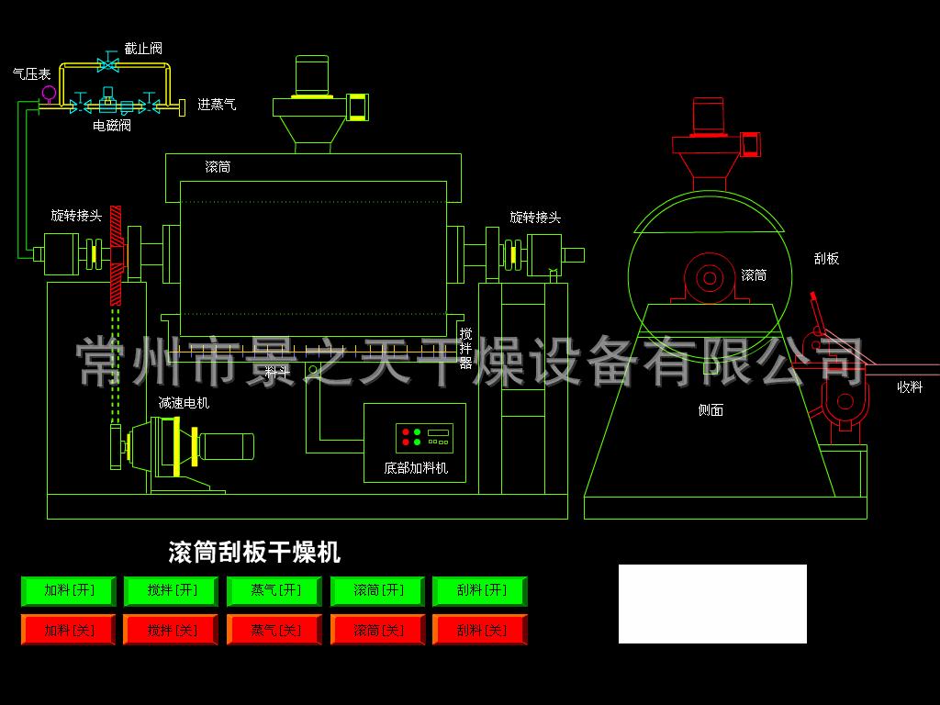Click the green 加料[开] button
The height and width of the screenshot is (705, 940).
tap(68, 590)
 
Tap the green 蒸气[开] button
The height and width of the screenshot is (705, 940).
tap(274, 590)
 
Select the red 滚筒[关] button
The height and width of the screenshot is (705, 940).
tap(377, 630)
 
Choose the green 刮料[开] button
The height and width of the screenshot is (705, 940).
tap(480, 590)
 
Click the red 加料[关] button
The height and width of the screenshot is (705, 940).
tap(68, 630)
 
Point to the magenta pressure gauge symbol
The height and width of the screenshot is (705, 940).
tap(49, 94)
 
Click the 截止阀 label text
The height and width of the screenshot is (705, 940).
tap(143, 49)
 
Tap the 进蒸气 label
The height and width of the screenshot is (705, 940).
tap(217, 105)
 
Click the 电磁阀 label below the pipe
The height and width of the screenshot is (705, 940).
tap(112, 125)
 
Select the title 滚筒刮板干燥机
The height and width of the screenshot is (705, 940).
tap(255, 552)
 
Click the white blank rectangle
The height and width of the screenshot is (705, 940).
tap(712, 604)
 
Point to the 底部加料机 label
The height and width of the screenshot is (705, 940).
tap(416, 468)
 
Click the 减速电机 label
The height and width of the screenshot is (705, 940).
tap(184, 403)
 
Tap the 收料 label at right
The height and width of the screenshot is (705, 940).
tap(910, 386)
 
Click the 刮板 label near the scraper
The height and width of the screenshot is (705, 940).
tap(827, 258)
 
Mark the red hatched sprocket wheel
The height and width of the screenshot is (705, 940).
tap(116, 255)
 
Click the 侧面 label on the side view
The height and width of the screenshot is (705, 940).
tap(711, 410)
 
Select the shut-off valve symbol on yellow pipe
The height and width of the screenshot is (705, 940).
tap(108, 62)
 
